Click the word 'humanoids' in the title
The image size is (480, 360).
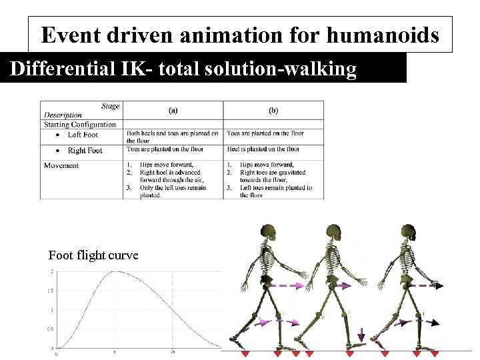click(x=388, y=35)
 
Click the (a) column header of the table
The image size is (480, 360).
click(x=173, y=110)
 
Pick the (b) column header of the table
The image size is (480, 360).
click(x=273, y=110)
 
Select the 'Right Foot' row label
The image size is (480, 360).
click(x=85, y=151)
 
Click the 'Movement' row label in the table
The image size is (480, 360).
click(x=61, y=165)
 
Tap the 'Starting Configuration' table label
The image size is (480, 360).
click(x=80, y=124)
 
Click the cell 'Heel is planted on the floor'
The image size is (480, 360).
click(x=263, y=150)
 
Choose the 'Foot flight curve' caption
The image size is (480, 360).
click(x=93, y=255)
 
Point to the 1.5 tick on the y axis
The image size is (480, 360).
click(x=51, y=291)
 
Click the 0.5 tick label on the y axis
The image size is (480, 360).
click(x=51, y=329)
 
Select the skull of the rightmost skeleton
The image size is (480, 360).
click(x=409, y=233)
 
